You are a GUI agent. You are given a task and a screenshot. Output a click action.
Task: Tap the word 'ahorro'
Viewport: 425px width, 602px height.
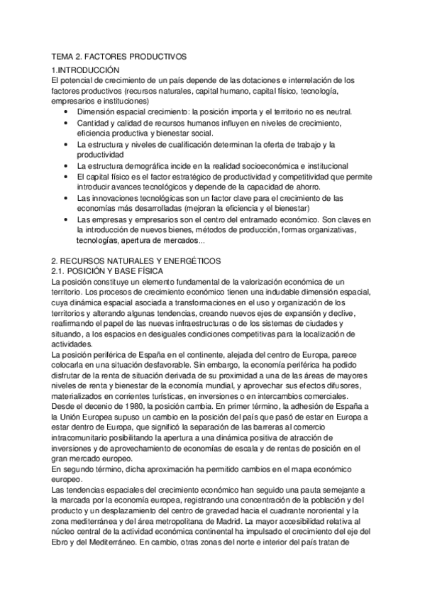pyautogui.click(x=304, y=187)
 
